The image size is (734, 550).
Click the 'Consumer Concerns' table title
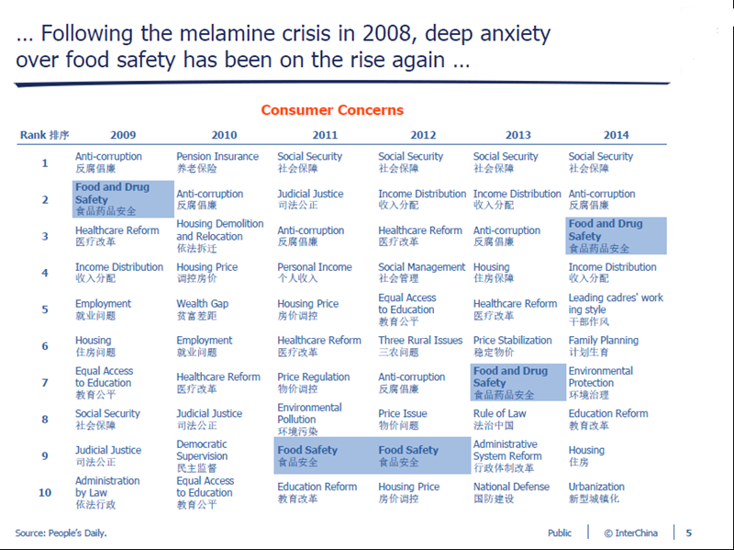tap(332, 110)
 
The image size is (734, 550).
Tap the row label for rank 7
tap(44, 382)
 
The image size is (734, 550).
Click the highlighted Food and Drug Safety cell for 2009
tap(124, 199)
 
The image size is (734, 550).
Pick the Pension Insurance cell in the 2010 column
tap(217, 163)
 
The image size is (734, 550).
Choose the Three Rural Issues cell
tap(420, 346)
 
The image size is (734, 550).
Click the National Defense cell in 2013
tap(511, 492)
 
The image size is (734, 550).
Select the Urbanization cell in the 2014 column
tap(596, 492)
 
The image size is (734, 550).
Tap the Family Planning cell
tap(603, 346)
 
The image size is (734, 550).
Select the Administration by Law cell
tap(107, 492)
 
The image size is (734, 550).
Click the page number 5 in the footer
tap(689, 533)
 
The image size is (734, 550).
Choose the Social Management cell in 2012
tap(422, 273)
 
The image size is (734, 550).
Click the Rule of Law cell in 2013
tap(500, 419)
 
